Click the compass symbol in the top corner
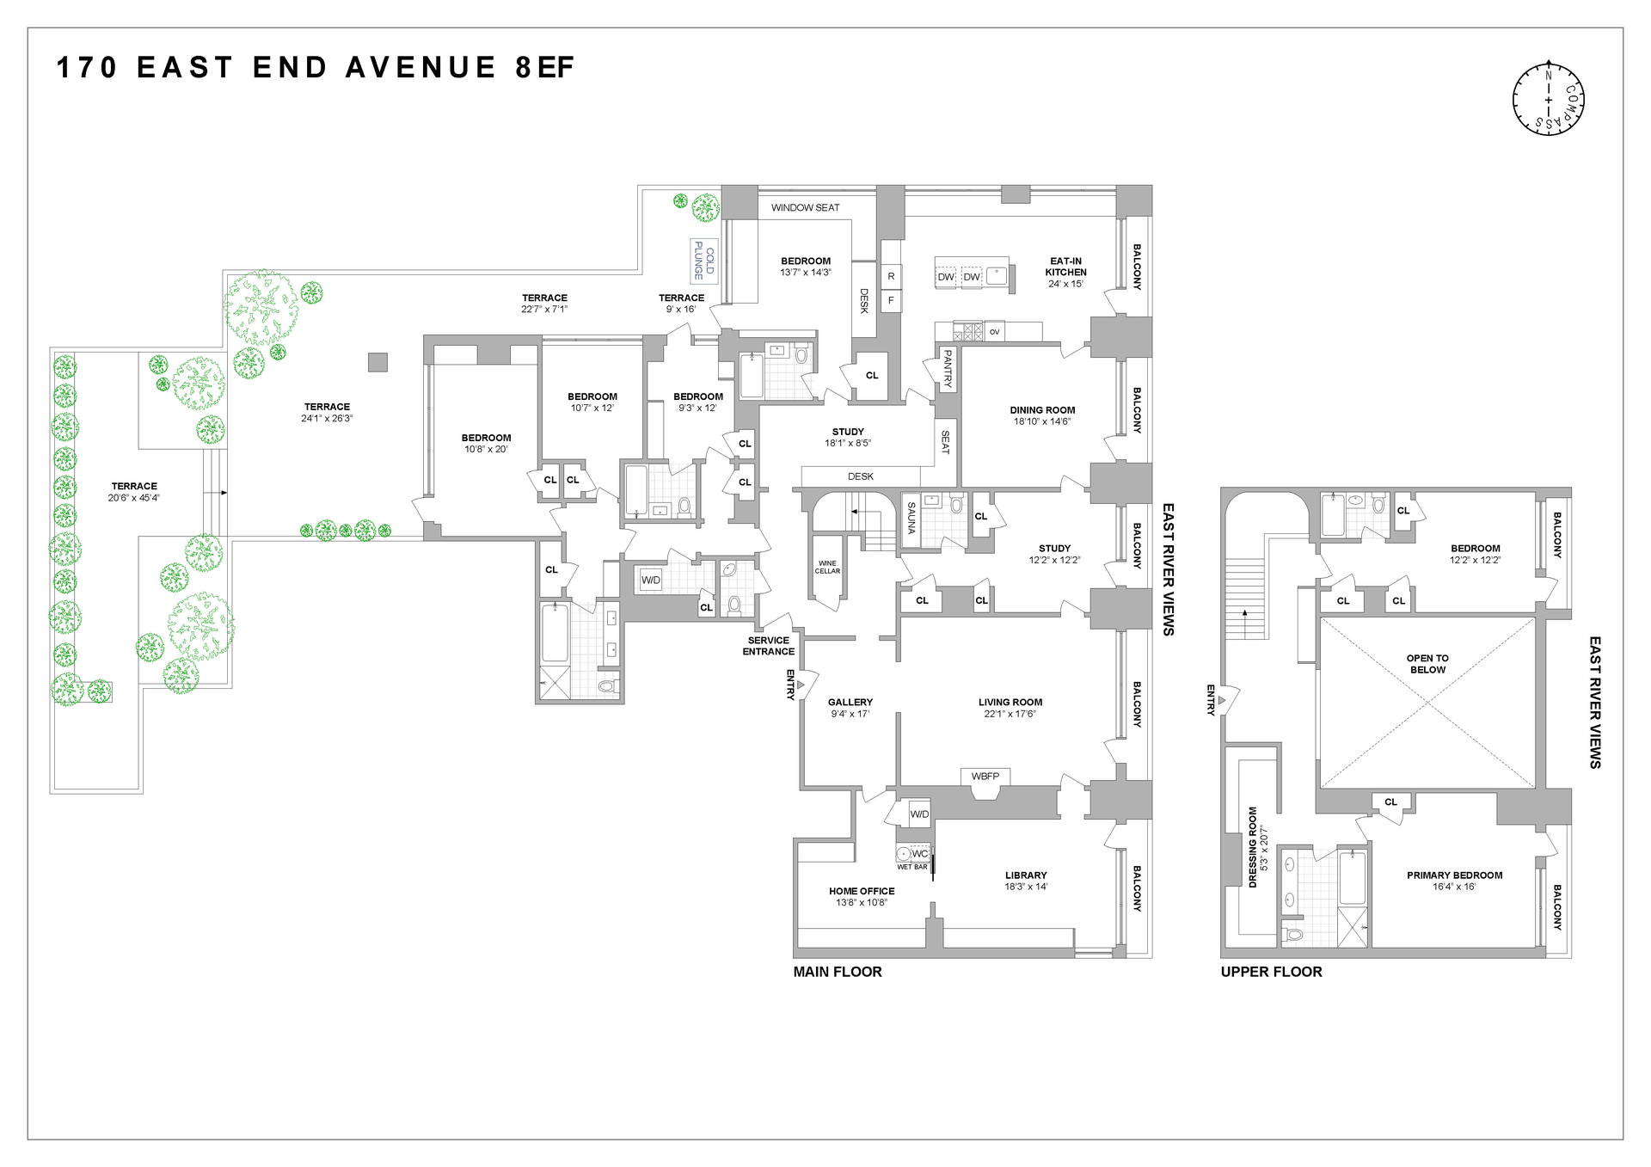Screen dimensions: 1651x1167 pos(1548,99)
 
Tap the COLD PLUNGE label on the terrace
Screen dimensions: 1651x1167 pos(704,261)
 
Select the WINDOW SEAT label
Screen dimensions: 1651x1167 pos(805,207)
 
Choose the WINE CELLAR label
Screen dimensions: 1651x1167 pos(827,567)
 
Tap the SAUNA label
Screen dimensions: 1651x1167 pos(911,518)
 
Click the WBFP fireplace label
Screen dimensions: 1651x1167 pos(985,776)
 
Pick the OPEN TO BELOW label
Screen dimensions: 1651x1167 pos(1427,664)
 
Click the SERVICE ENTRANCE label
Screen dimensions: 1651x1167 pos(769,646)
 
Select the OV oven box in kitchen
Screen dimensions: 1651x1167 pos(994,331)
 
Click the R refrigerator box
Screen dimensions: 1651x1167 pos(891,276)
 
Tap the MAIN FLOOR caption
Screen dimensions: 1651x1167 pos(838,972)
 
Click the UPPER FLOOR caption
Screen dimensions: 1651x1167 pos(1271,972)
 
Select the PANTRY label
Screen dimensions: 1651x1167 pos(948,369)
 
